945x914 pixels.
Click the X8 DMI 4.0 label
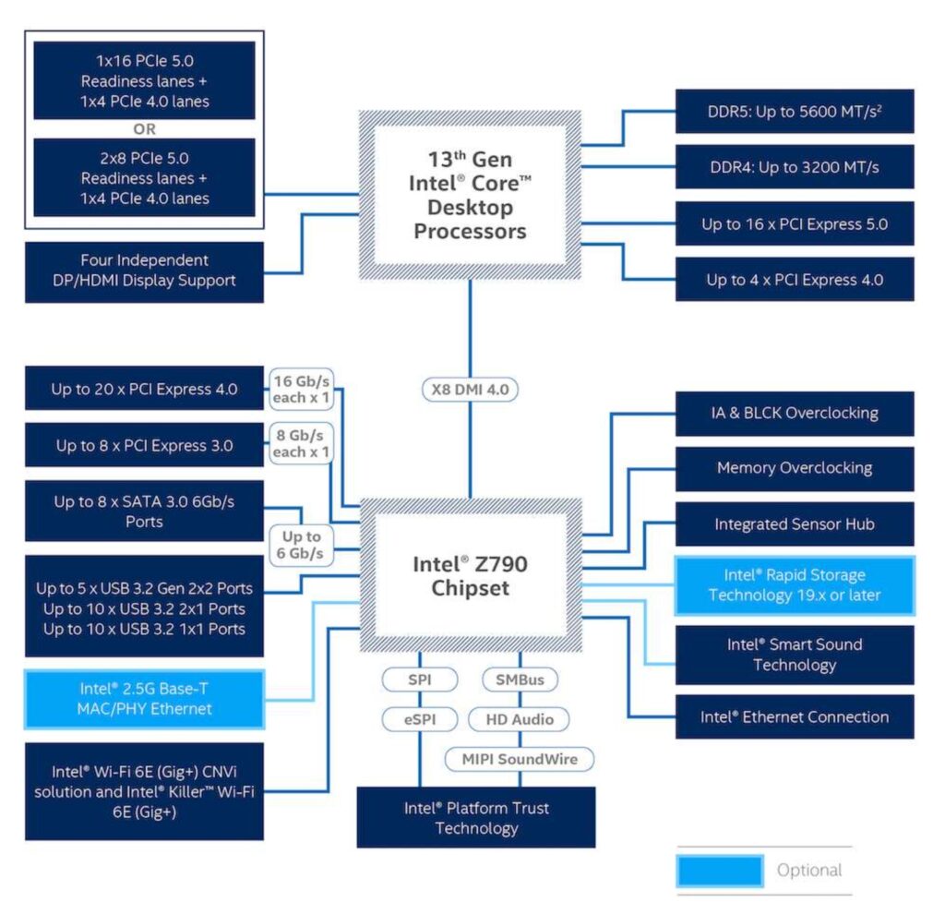click(470, 390)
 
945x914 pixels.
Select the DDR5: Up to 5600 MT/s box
click(795, 112)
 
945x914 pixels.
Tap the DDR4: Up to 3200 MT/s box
click(795, 167)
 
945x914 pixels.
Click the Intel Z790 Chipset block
click(470, 575)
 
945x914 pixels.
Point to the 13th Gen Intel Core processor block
click(470, 195)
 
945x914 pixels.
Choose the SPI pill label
click(420, 679)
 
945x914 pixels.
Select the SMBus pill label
click(520, 679)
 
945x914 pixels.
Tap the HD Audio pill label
click(520, 719)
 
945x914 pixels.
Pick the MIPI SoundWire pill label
click(520, 759)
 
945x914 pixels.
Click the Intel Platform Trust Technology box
click(476, 817)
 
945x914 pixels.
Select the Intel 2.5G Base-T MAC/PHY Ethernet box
click(145, 699)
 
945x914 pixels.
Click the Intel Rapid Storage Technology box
click(795, 585)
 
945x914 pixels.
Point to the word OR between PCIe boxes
click(145, 128)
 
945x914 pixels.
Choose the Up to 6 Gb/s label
click(301, 545)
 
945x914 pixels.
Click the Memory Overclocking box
click(795, 468)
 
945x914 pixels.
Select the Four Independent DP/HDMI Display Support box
click(145, 271)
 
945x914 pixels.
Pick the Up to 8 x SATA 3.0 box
click(145, 511)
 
